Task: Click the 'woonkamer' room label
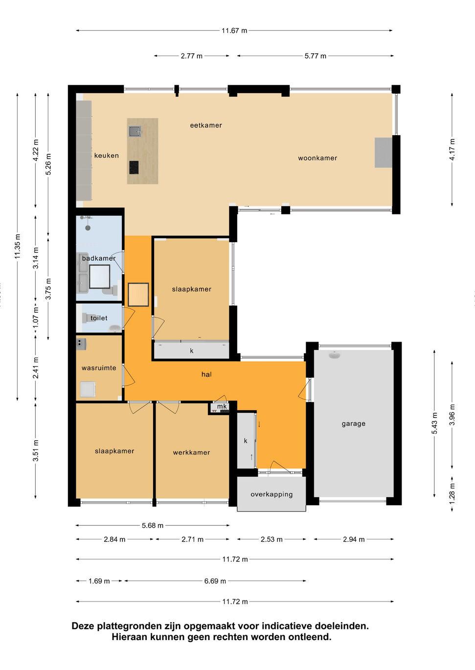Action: click(x=317, y=158)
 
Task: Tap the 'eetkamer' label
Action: click(x=206, y=125)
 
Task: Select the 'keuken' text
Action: click(x=107, y=156)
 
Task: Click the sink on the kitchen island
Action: click(x=135, y=131)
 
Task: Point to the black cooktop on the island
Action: click(x=134, y=167)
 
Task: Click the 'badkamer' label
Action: click(x=99, y=258)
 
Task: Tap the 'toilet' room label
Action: click(x=99, y=318)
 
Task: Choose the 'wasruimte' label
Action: click(x=99, y=368)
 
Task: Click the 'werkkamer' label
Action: click(x=191, y=453)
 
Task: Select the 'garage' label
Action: click(x=354, y=423)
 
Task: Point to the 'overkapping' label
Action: click(x=271, y=494)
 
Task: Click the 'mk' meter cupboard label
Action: click(x=222, y=407)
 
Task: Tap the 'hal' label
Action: click(x=206, y=374)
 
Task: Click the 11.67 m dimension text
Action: click(x=234, y=30)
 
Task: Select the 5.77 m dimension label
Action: click(x=316, y=56)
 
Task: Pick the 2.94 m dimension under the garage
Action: click(x=354, y=539)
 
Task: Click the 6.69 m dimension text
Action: click(x=215, y=581)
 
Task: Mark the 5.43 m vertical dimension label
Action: click(x=435, y=423)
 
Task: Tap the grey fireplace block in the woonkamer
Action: click(x=384, y=153)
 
